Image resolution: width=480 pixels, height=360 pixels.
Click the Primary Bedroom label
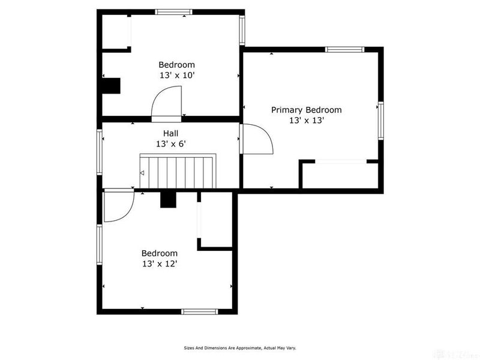307,110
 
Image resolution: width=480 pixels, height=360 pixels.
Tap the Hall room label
170,133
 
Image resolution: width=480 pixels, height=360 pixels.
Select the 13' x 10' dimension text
177,76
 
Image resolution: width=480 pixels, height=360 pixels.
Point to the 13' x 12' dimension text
160,263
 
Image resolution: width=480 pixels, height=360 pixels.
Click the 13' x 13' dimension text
307,121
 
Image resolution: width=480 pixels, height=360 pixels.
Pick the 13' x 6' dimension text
171,144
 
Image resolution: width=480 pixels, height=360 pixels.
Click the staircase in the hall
178,171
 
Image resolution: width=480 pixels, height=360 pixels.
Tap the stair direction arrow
142,173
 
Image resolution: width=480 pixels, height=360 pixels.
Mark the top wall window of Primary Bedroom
344,50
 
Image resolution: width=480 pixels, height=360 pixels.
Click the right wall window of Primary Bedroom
381,121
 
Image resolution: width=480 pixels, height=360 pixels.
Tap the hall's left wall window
100,152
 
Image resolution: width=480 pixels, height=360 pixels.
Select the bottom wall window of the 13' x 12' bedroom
200,311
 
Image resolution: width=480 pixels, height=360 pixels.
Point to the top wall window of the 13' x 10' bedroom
173,12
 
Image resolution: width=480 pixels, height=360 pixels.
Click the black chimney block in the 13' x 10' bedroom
111,86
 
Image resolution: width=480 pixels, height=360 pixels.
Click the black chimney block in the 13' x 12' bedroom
169,200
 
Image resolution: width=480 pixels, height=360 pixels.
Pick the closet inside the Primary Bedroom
340,175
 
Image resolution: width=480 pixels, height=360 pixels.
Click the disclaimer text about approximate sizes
240,348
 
